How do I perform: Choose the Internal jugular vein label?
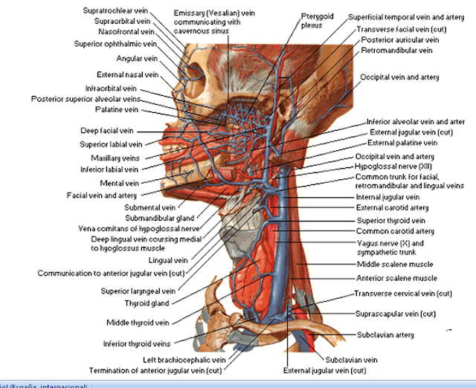pyautogui.click(x=387, y=197)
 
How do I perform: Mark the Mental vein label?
pyautogui.click(x=120, y=183)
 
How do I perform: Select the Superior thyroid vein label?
pyautogui.click(x=390, y=221)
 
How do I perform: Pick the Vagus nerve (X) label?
pyautogui.click(x=390, y=243)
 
